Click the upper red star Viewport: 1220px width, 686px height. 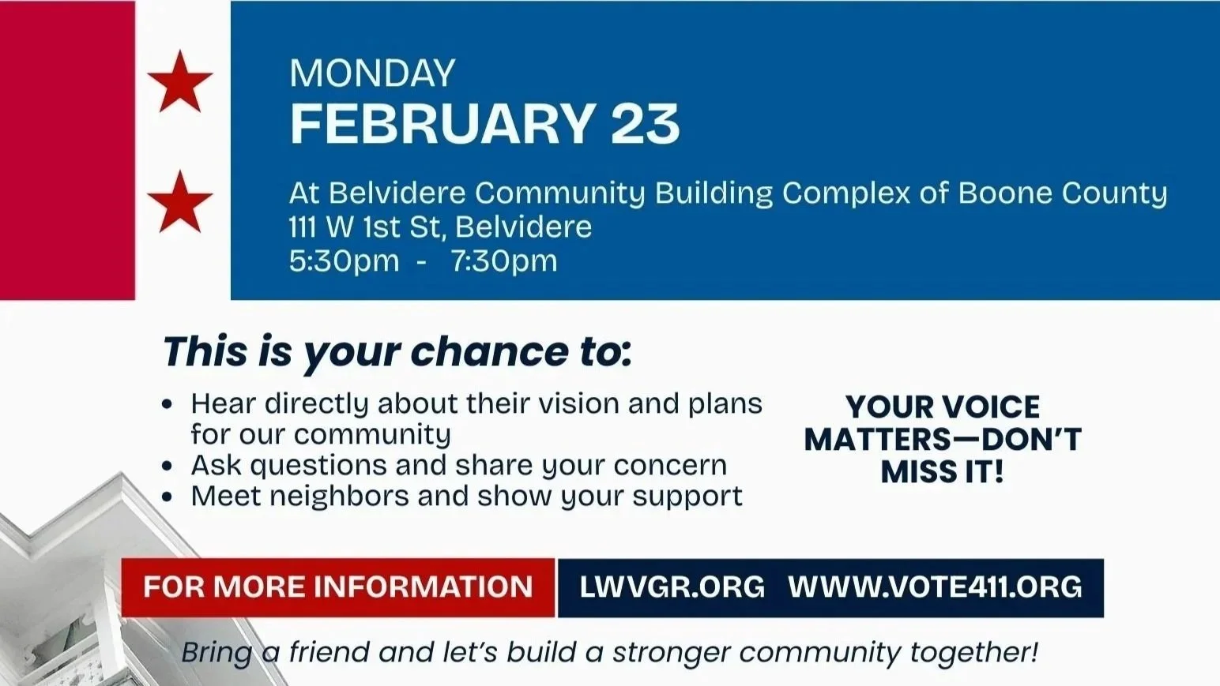(180, 81)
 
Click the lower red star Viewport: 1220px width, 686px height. (180, 202)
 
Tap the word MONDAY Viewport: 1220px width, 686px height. (372, 73)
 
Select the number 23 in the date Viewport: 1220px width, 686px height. (645, 124)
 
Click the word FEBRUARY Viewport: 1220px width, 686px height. (442, 124)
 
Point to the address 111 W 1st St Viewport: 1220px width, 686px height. (367, 227)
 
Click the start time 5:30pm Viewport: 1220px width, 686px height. (344, 261)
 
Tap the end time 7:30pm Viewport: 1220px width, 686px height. (504, 261)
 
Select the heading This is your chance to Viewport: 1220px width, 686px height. (397, 352)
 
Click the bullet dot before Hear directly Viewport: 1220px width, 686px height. (167, 405)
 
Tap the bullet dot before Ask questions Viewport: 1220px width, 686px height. (167, 467)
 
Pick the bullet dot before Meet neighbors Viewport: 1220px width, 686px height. (167, 497)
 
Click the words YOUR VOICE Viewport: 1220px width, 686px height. (942, 407)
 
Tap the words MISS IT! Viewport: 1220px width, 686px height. (942, 472)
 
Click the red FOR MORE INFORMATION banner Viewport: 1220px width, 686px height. (338, 587)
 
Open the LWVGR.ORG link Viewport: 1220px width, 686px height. (672, 587)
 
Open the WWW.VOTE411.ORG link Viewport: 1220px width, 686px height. (935, 587)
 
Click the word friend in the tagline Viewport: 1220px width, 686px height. (329, 653)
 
